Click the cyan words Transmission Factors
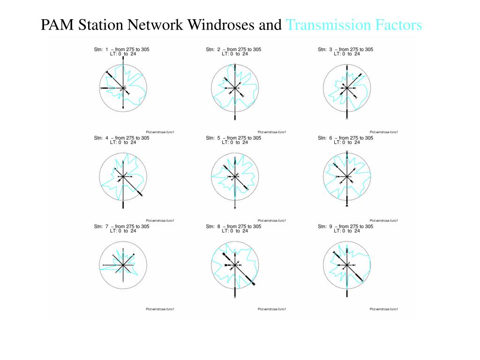coord(354,25)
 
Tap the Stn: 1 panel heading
coord(122,49)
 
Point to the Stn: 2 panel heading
coord(233,49)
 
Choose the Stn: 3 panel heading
coord(345,49)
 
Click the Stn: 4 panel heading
coord(122,138)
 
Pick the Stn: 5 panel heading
coord(233,138)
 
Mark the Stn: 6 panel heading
coord(345,138)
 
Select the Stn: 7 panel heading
coord(122,226)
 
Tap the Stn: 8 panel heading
coord(233,226)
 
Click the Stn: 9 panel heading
coord(345,226)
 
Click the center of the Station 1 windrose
coord(123,88)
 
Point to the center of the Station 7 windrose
coord(123,265)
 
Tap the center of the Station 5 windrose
coord(234,177)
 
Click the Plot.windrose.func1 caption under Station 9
coord(384,309)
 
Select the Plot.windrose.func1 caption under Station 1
coord(160,132)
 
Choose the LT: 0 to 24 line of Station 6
coord(347,142)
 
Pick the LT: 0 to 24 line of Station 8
coord(235,231)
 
